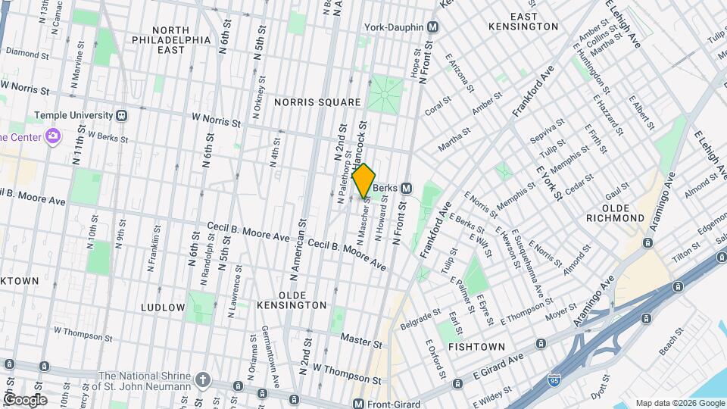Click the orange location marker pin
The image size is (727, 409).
click(363, 180)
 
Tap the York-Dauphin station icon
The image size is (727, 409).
click(432, 27)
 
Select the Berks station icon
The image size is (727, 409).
click(407, 188)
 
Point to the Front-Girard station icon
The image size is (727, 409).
click(358, 404)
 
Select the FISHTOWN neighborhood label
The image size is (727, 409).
click(476, 346)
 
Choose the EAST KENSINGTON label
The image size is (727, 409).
click(534, 21)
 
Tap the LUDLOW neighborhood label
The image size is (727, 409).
click(163, 308)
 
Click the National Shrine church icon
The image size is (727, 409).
click(203, 378)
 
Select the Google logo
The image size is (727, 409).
click(26, 399)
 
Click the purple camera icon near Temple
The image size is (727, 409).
click(52, 136)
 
